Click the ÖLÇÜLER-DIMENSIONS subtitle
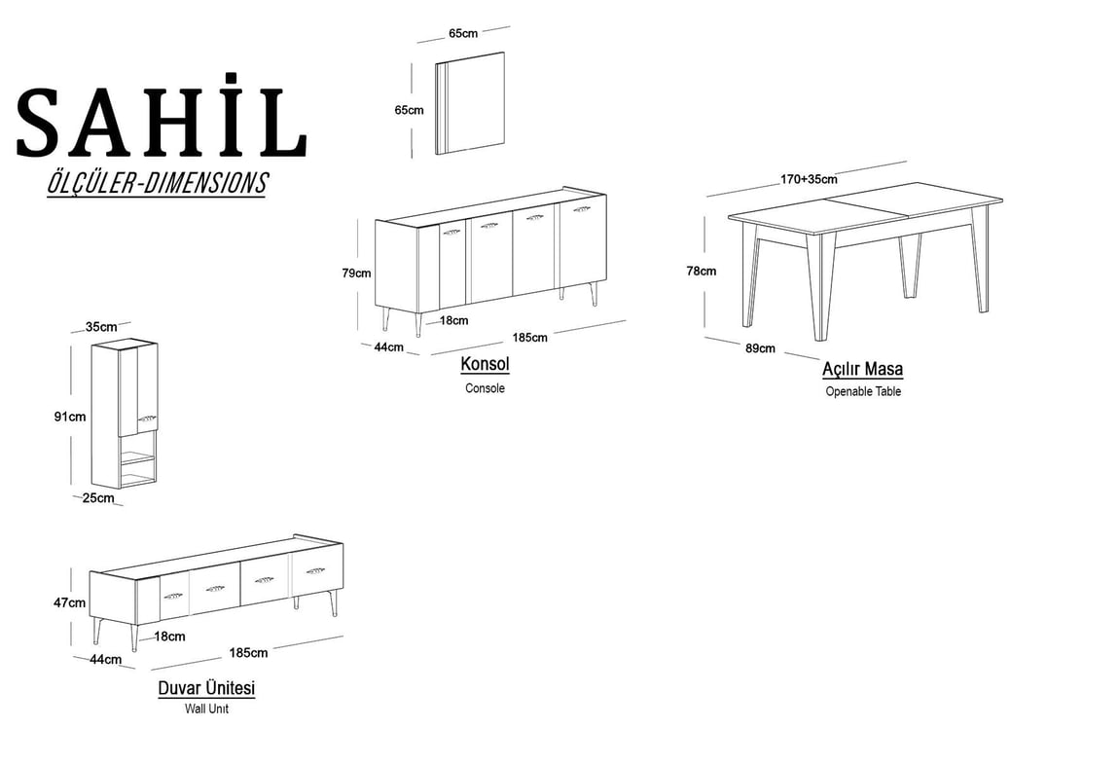[x=157, y=183]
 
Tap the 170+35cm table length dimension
[x=809, y=179]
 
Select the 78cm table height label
[x=701, y=272]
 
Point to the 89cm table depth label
[x=760, y=348]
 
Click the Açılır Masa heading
[x=862, y=369]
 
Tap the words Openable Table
[x=863, y=391]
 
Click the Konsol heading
[x=485, y=364]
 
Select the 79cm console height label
[x=356, y=273]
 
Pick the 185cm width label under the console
[x=529, y=338]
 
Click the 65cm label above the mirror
[x=463, y=33]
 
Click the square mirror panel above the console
[x=470, y=103]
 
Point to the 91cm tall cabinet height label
[x=70, y=417]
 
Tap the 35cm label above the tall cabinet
[x=101, y=327]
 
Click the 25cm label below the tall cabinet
[x=97, y=498]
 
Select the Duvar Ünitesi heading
[x=206, y=688]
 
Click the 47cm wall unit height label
[x=69, y=603]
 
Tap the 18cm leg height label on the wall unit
[x=170, y=637]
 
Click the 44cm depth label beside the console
[x=388, y=347]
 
